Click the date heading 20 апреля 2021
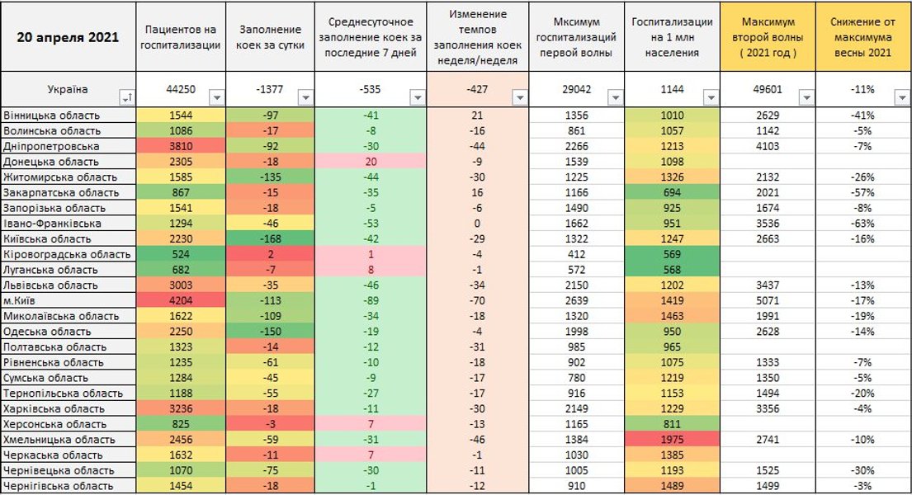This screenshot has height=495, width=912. point(68,37)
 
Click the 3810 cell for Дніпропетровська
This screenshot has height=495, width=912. point(180,146)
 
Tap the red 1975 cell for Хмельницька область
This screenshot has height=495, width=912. point(673,440)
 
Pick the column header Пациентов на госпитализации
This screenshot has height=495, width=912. point(180,37)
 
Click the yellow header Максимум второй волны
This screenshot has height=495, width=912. point(768,37)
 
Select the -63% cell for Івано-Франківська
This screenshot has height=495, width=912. point(863,223)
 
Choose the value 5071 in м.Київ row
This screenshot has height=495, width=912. point(767,300)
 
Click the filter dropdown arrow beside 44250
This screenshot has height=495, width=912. point(215,97)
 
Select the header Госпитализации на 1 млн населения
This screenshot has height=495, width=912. point(672,37)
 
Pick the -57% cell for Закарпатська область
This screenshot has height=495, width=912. point(863,192)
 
